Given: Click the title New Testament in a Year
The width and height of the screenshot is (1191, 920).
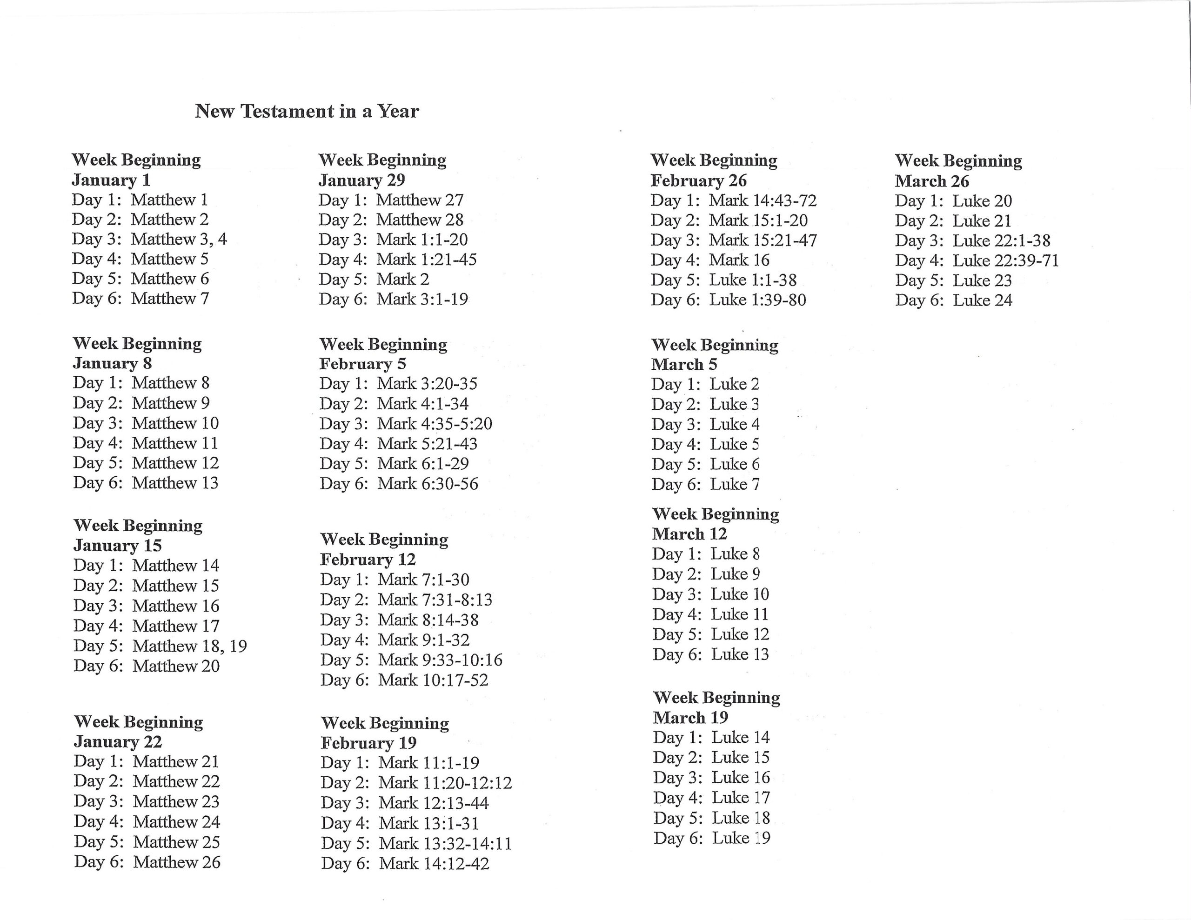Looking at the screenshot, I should pos(307,111).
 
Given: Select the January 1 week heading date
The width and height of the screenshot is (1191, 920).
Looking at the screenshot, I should pos(111,180).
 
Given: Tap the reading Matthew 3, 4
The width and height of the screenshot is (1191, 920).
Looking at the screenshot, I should pos(178,239).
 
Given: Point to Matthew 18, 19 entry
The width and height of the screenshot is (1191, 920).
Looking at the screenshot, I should pos(189,646).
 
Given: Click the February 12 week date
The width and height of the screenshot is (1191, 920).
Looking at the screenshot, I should pos(368,559).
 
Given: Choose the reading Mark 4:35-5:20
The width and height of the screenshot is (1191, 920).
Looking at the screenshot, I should pos(435,424).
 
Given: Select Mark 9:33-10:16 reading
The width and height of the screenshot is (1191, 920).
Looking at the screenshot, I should pos(440,660).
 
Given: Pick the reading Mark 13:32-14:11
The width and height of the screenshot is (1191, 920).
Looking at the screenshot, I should pos(445,843).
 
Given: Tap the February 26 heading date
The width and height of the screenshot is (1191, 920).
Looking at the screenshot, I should pos(699,180).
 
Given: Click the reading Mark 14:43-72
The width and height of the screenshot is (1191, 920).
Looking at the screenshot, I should pos(763,200).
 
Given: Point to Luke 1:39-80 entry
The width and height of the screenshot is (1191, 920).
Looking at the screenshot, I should pos(757,300).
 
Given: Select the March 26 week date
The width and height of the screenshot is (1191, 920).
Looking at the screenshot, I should pos(931,181).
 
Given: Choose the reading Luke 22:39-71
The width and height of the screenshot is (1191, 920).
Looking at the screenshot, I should pos(1005,260).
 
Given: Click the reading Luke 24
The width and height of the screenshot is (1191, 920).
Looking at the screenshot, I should pos(982,300).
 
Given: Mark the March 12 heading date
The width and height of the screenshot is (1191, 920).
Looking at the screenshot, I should pos(689,533).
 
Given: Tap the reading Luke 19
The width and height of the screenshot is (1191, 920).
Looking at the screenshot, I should pos(741,838).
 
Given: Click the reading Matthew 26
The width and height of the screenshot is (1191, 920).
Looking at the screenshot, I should pos(176,862).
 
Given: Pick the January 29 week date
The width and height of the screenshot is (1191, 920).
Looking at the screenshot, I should pos(361,180).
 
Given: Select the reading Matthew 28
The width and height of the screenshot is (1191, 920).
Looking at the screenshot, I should pos(419,220).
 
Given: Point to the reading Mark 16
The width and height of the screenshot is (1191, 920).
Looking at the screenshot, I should pos(738,260).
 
